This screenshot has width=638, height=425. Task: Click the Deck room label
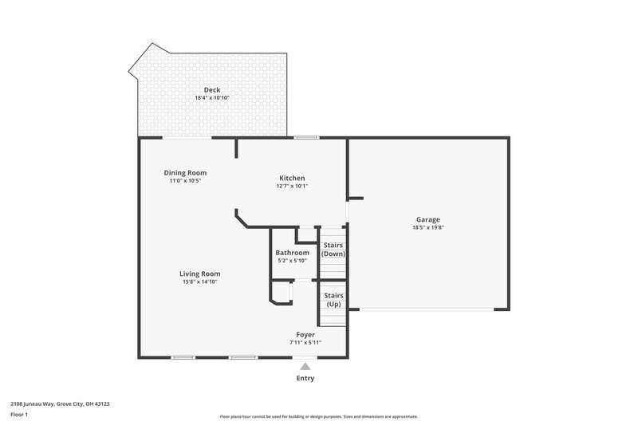pos(211,90)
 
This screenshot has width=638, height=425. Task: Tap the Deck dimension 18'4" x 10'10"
pos(211,98)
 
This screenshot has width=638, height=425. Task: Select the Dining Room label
pos(185,173)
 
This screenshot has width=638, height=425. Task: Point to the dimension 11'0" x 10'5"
pos(185,181)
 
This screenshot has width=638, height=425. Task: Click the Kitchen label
pos(291,178)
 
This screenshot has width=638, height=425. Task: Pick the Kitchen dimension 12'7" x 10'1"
pos(291,186)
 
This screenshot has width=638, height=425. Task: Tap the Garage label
pos(427,219)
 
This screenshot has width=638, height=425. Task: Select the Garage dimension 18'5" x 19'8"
pos(427,227)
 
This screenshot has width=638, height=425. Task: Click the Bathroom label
pos(292,253)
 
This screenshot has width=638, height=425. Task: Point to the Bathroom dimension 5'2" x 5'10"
pos(292,261)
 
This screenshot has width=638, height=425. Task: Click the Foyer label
pos(305,334)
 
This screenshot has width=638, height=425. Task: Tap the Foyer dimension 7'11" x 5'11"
pos(305,342)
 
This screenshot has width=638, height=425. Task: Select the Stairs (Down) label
pos(333,250)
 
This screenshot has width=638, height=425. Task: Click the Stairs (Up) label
pos(333,300)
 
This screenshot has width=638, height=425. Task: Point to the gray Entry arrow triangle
pos(305,366)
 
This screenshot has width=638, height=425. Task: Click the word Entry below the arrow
pos(305,378)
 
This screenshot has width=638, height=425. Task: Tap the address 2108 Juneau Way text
pos(61,403)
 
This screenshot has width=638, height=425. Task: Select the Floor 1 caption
pos(19,415)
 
